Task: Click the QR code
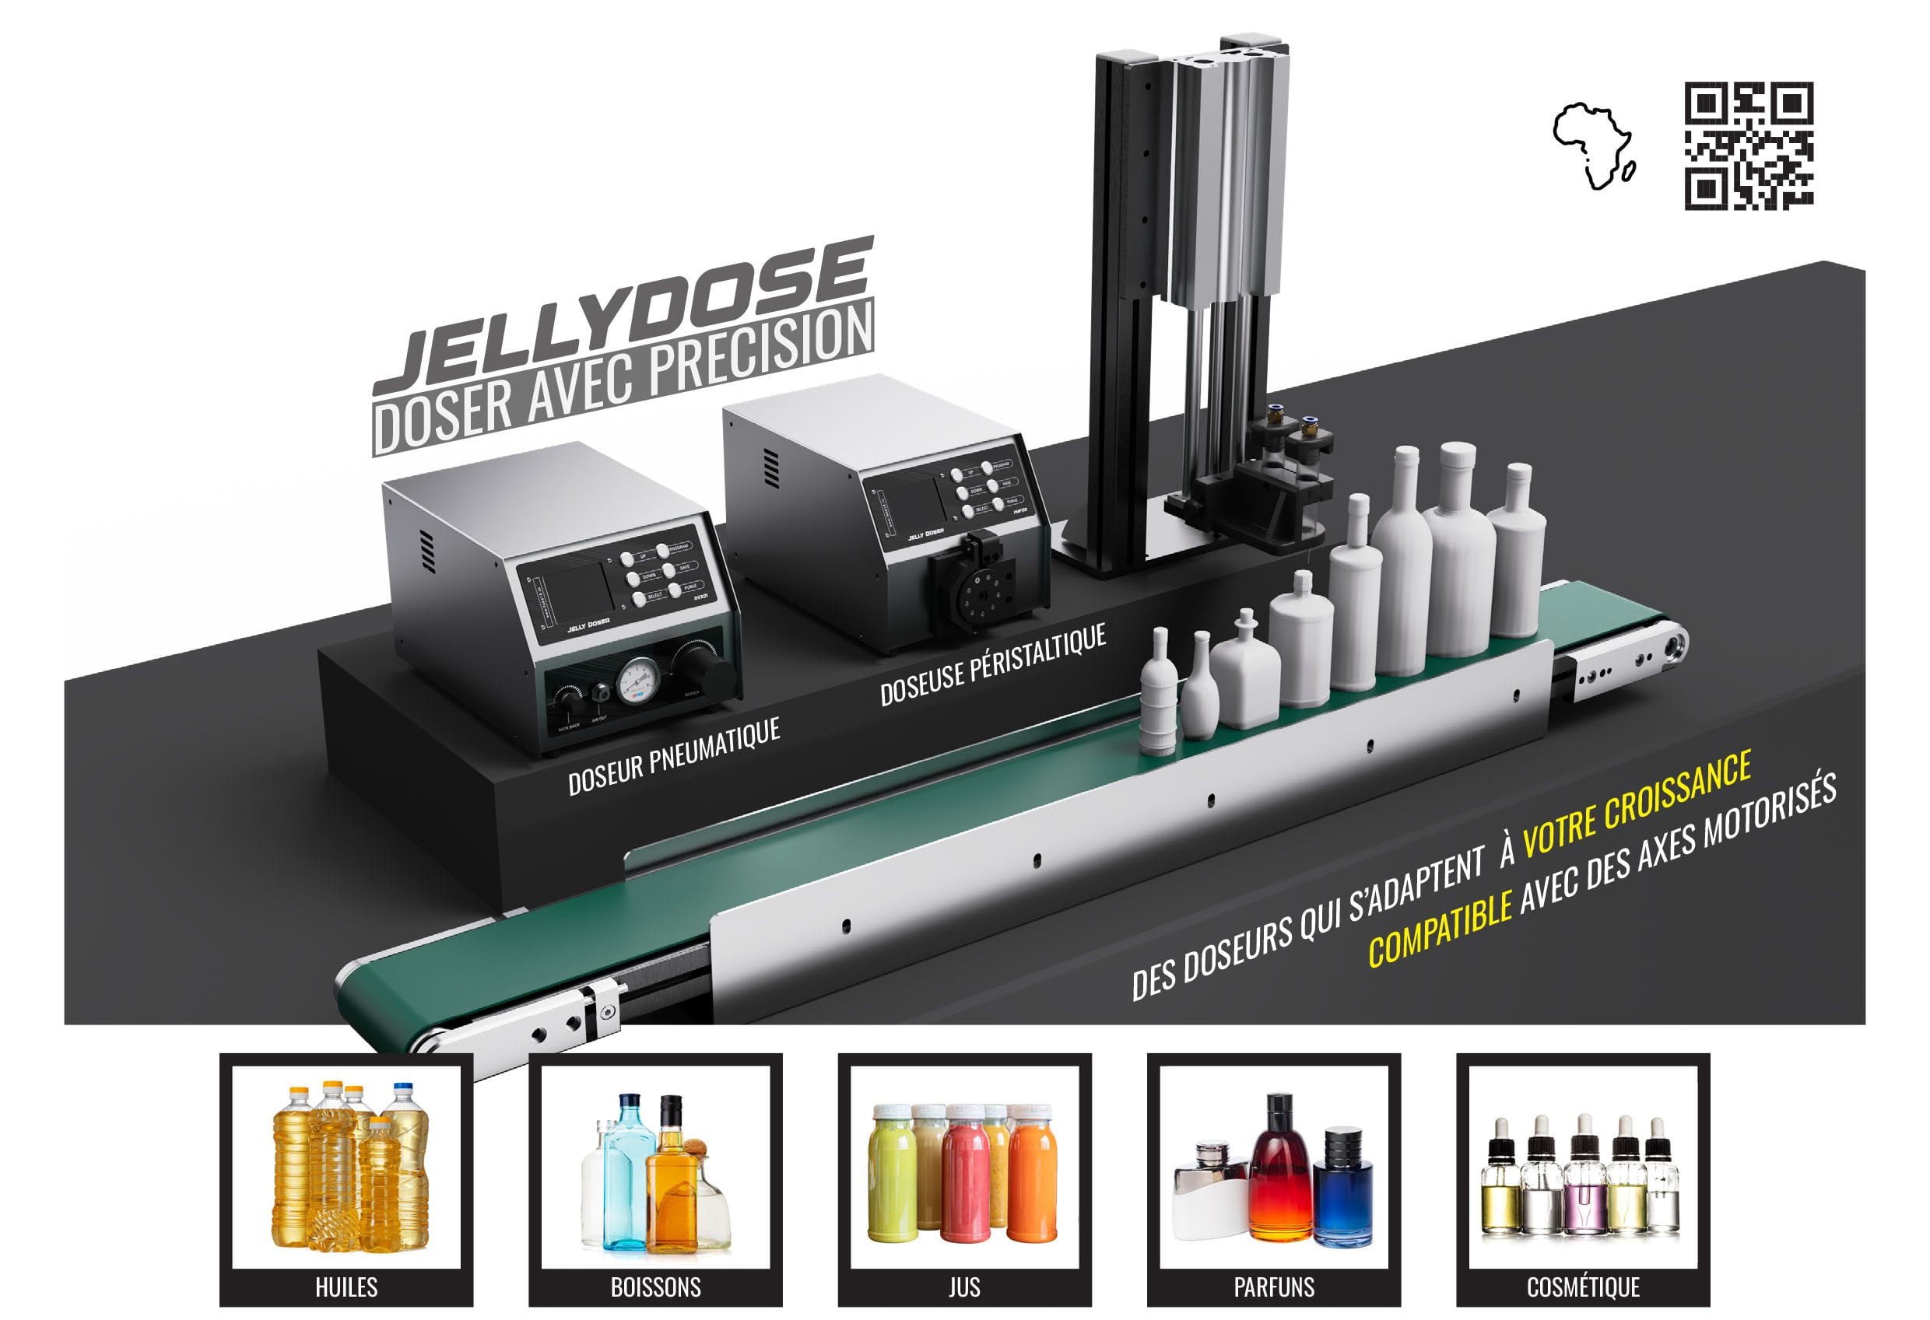click(1747, 145)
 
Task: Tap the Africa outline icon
click(1592, 146)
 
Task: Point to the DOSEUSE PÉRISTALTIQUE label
click(992, 664)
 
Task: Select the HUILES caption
click(346, 1287)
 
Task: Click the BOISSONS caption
click(655, 1287)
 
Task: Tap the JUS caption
click(964, 1287)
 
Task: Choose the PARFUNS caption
click(1274, 1287)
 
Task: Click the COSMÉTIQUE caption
click(1583, 1287)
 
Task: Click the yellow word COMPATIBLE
click(1439, 933)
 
